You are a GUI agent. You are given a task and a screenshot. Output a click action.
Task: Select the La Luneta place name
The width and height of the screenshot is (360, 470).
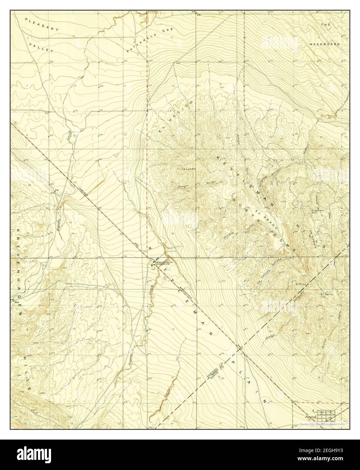coord(189,168)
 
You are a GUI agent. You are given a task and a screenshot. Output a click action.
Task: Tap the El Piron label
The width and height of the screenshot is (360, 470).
coord(300,284)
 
